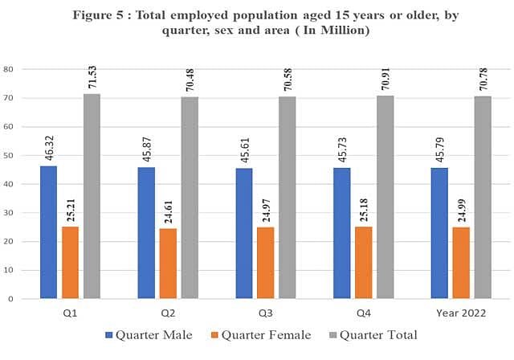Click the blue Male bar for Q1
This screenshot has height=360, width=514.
(x=48, y=232)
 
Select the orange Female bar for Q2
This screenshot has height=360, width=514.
(x=168, y=264)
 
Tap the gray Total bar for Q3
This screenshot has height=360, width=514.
(x=288, y=198)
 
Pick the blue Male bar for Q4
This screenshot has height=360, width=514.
(x=342, y=233)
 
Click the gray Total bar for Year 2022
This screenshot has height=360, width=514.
(x=483, y=198)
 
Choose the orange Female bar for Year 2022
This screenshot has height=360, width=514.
(x=461, y=263)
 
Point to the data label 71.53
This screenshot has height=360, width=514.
(x=92, y=77)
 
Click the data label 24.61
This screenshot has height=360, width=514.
(x=169, y=212)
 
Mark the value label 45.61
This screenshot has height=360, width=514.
(x=245, y=150)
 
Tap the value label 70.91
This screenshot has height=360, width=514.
(x=385, y=79)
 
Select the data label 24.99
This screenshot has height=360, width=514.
(x=462, y=211)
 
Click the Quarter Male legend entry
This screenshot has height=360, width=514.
(x=149, y=335)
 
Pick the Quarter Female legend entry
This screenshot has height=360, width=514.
(x=261, y=335)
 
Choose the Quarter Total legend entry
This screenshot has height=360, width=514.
(x=373, y=335)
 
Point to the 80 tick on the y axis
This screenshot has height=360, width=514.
(x=8, y=69)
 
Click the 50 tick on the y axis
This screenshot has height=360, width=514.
(x=8, y=155)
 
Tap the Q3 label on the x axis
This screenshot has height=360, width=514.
(x=266, y=313)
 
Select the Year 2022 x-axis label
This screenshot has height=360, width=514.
(x=461, y=313)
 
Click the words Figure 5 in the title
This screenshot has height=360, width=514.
(x=98, y=15)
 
